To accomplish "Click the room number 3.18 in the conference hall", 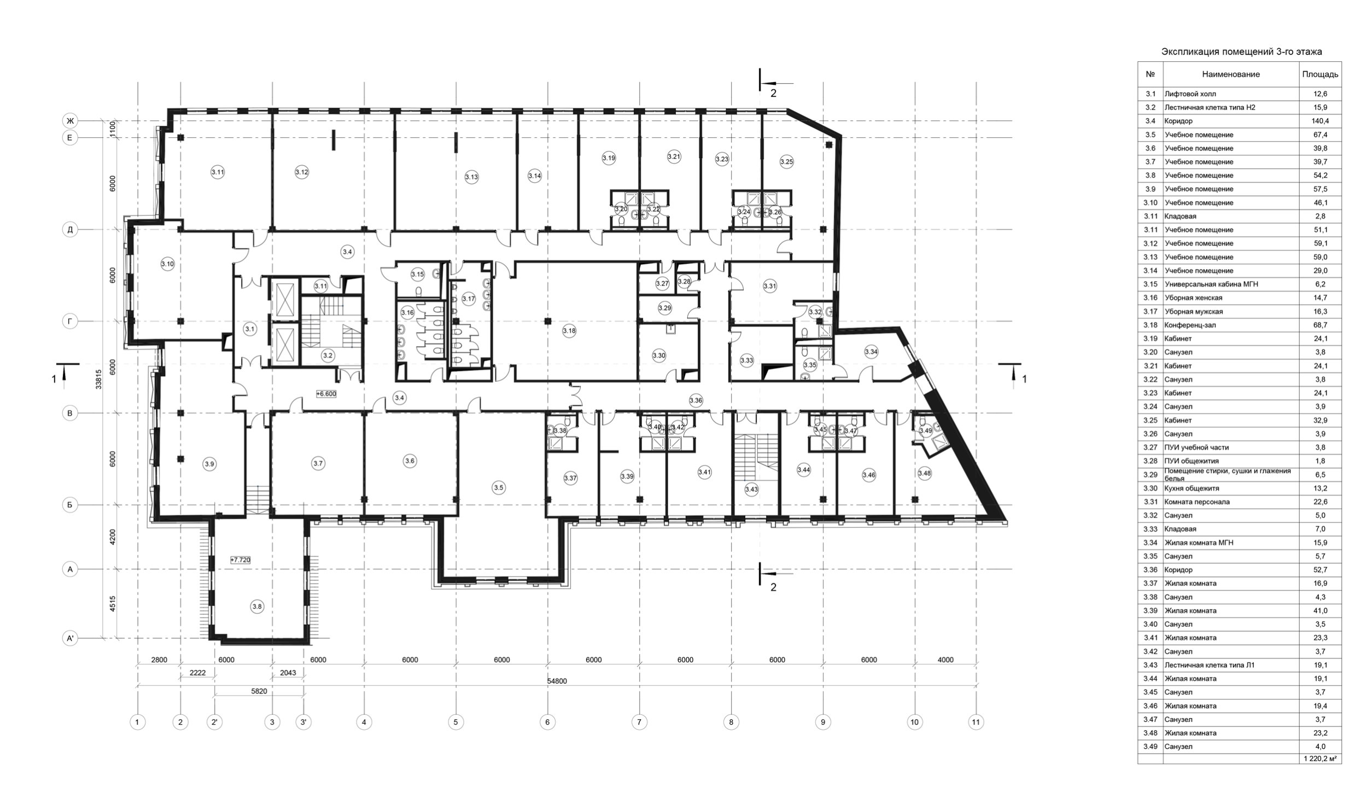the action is pos(569,330).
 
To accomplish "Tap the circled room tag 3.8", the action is pos(257,606).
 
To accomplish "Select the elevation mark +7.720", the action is pos(241,560).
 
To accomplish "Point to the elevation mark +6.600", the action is pos(326,393).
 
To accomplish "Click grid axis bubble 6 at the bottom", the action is pos(547,723).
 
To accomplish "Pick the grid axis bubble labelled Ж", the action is pos(69,121).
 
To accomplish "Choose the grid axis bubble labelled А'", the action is pos(69,638).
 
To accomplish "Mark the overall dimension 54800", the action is pos(557,681).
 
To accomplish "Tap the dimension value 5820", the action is pos(259,691).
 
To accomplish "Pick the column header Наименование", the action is pos(1231,74).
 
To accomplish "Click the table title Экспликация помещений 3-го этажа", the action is pos(1241,52).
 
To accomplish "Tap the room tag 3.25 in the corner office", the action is pos(786,161).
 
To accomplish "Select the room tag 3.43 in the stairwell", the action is pos(751,490).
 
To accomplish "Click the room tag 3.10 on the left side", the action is pos(167,264).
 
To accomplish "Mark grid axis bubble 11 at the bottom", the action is pos(975,723).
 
